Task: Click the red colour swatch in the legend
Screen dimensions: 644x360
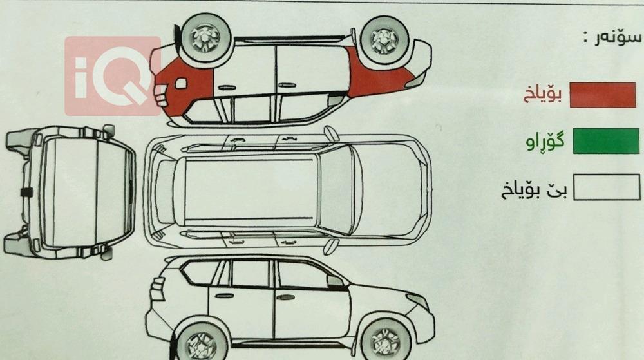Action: (603, 95)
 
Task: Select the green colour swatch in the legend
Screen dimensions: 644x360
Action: (606, 141)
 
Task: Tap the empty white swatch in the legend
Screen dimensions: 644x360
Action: (607, 187)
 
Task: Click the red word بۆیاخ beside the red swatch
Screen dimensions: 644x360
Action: (542, 94)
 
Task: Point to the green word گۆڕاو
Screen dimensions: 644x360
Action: (545, 142)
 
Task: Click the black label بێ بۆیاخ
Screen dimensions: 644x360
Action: (534, 190)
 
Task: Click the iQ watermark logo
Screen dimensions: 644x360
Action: (112, 76)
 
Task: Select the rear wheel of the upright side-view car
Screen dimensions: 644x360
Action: (202, 341)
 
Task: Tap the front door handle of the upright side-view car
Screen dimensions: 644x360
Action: (286, 297)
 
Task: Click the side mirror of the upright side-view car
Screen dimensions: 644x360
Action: (336, 281)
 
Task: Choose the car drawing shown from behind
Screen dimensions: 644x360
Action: (69, 192)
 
